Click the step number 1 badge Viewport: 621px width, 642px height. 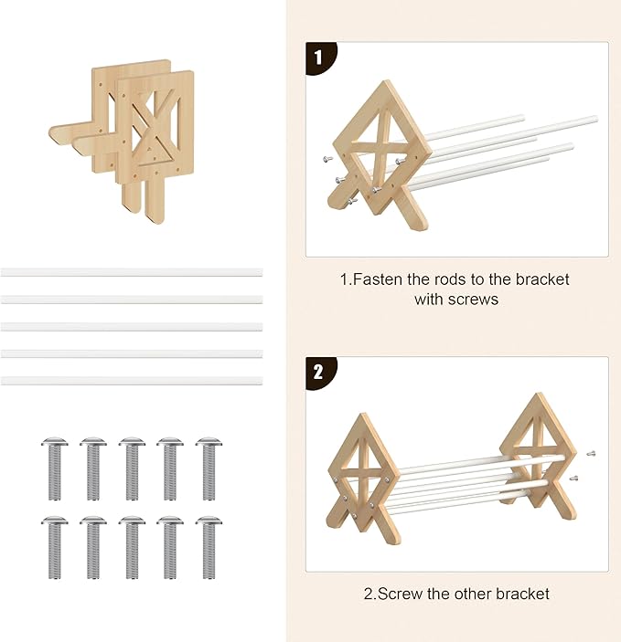tap(320, 58)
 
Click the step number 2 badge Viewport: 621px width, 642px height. tap(320, 373)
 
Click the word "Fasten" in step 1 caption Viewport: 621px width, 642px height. tap(378, 279)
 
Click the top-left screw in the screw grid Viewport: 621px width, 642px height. tap(55, 468)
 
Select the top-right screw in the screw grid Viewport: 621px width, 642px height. tap(209, 468)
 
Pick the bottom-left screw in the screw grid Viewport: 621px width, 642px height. tap(55, 547)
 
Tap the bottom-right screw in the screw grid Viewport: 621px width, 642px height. tap(209, 547)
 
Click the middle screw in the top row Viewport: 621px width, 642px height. tap(132, 468)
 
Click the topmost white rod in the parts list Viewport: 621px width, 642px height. tap(132, 272)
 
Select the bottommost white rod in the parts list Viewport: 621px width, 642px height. tap(132, 381)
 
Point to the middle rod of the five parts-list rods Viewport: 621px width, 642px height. tap(132, 327)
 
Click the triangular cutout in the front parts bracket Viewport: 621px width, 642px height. tap(151, 151)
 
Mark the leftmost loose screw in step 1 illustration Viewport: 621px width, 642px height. tap(327, 159)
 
